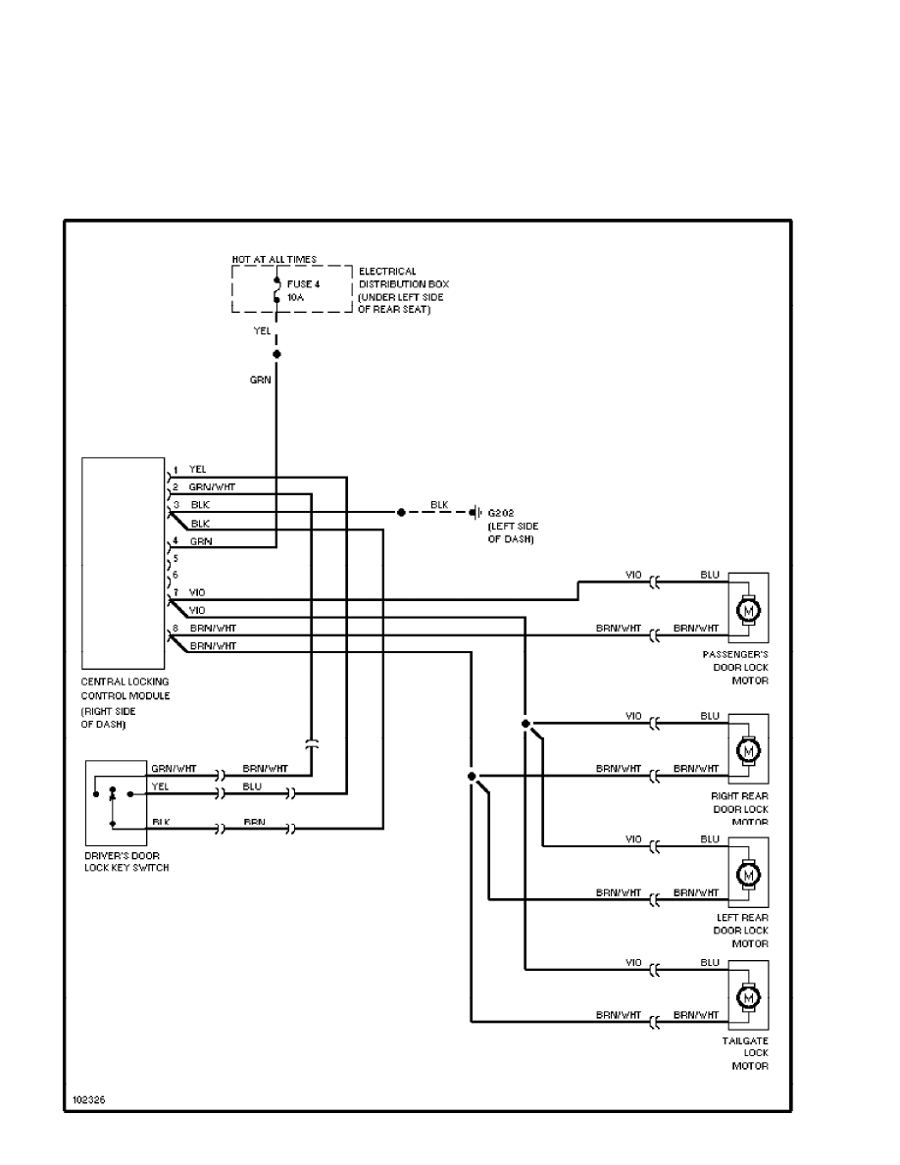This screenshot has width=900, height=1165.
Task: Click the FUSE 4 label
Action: point(303,283)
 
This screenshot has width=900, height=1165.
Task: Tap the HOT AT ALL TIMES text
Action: point(275,259)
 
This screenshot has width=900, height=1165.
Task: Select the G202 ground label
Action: point(501,513)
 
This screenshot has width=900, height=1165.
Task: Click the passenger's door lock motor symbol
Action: point(749,611)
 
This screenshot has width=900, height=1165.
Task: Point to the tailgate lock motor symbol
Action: point(749,997)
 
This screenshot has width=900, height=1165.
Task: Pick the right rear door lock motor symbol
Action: point(749,750)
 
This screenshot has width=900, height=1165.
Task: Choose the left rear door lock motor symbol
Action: point(749,873)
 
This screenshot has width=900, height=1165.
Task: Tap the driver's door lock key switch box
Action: point(115,803)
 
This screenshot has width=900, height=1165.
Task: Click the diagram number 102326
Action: point(87,1099)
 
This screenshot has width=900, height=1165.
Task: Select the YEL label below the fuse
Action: point(262,331)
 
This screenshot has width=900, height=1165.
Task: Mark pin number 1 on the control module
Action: point(175,469)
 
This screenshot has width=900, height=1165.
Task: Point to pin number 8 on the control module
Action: point(175,628)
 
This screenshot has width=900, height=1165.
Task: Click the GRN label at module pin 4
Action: point(201,540)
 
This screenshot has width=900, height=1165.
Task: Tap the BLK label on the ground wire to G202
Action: point(440,504)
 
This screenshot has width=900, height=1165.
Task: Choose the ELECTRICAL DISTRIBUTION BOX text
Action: point(401,278)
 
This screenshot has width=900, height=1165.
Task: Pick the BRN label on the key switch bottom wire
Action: point(254,821)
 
